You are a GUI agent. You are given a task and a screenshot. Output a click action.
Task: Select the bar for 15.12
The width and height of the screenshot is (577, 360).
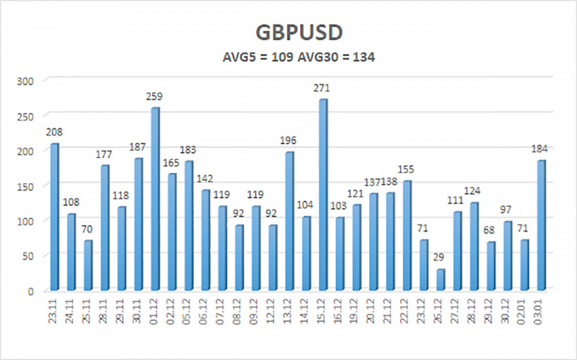click(322, 195)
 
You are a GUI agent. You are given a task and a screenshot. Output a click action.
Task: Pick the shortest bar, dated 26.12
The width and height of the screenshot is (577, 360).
click(440, 279)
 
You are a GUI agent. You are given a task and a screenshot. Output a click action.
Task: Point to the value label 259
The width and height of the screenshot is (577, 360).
click(155, 96)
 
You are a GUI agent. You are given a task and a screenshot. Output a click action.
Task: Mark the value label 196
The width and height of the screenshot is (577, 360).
click(289, 140)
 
